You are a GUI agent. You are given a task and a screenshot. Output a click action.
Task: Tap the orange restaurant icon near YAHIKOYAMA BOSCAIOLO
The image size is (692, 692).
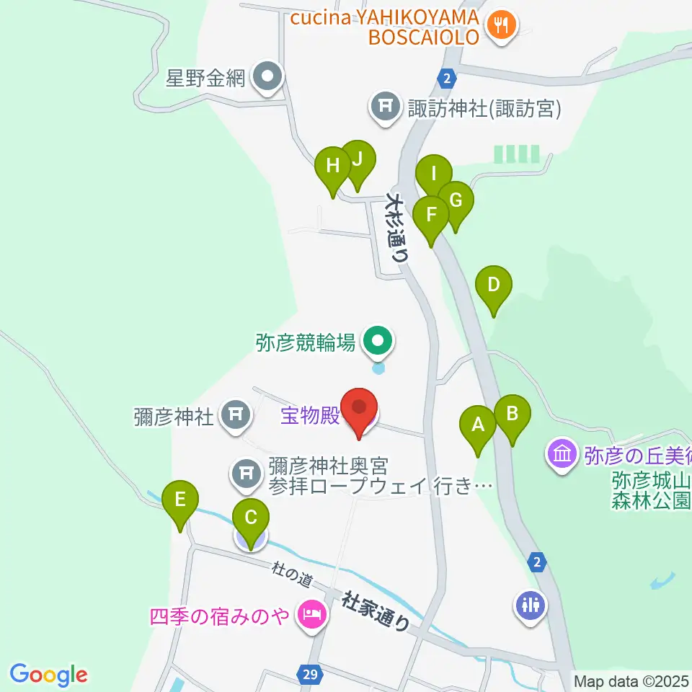pos(499,26)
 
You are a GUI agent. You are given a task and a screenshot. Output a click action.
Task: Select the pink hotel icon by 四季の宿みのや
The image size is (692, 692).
pos(311,616)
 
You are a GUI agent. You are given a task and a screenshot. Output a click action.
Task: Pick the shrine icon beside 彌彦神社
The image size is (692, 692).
pos(234,414)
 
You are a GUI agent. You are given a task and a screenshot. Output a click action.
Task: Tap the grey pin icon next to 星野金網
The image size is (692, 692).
pos(267,76)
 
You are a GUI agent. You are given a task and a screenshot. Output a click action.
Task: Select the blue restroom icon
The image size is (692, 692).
pos(530,604)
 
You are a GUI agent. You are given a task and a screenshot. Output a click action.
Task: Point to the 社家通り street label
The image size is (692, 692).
pos(376,609)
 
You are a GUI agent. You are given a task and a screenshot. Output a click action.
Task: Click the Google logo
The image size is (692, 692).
pos(48,674)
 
